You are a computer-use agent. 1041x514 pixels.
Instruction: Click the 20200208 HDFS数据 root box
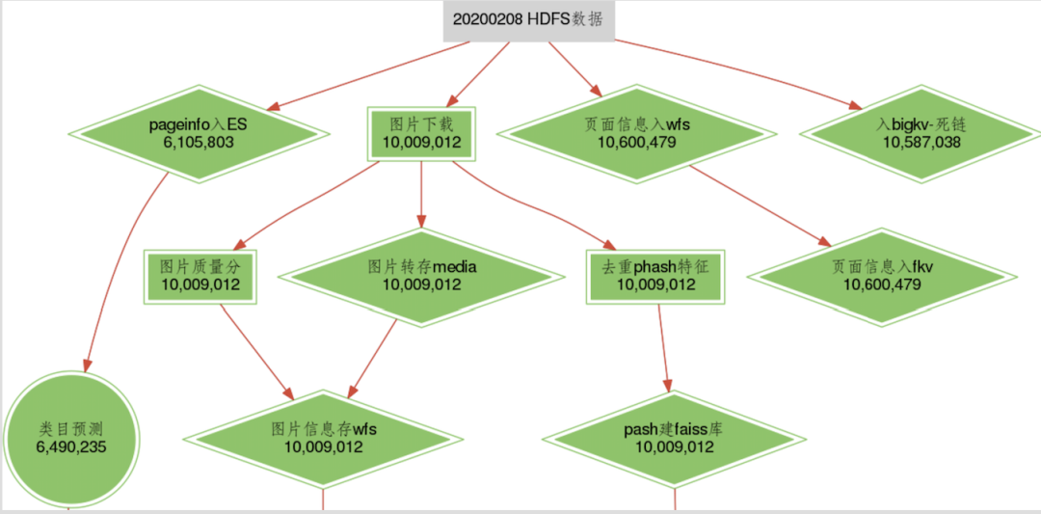click(528, 20)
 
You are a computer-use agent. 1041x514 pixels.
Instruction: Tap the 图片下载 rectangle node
click(421, 134)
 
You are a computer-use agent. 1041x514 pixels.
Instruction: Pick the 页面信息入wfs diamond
click(636, 133)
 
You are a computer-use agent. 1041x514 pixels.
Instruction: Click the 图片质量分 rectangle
click(200, 276)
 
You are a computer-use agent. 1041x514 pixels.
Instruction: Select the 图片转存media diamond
click(421, 275)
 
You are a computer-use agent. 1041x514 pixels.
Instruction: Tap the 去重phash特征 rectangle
click(654, 276)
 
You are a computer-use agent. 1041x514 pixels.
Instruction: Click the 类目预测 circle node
click(71, 438)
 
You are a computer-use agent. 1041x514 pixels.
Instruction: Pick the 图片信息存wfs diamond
click(323, 438)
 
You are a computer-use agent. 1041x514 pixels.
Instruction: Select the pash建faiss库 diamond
click(675, 438)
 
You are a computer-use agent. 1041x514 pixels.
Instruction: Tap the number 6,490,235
click(71, 447)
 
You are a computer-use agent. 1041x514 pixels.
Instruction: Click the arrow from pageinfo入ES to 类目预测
click(114, 260)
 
